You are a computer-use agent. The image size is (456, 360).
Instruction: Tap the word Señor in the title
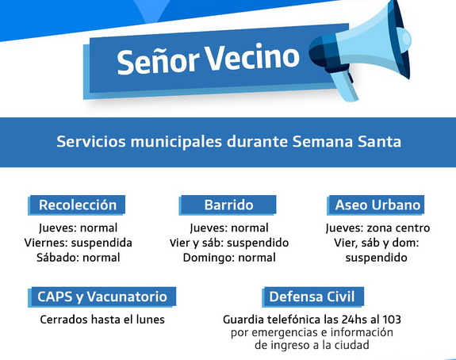point(158,61)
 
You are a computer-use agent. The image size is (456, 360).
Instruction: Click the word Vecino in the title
point(253,57)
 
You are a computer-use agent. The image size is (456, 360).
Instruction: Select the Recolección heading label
point(78,205)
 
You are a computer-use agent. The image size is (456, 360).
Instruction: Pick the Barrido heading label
point(228,205)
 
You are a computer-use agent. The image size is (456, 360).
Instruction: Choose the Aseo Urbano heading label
point(377,205)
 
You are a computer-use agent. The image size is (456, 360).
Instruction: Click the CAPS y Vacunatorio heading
point(102,297)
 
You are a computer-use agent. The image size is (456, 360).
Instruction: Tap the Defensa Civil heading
point(312,297)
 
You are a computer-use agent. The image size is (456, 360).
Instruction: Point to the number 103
point(392,320)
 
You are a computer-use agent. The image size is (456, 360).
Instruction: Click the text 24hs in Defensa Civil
point(354,320)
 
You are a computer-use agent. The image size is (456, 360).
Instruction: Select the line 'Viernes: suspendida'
point(79,243)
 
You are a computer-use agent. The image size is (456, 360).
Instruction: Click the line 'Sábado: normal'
point(79,258)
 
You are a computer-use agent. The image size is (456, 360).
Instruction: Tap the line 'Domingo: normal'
point(229,258)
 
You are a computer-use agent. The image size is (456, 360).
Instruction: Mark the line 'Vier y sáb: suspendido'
point(229,243)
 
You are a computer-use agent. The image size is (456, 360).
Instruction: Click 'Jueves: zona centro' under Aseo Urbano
point(377,228)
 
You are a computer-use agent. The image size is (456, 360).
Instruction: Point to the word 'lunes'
point(151,320)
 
